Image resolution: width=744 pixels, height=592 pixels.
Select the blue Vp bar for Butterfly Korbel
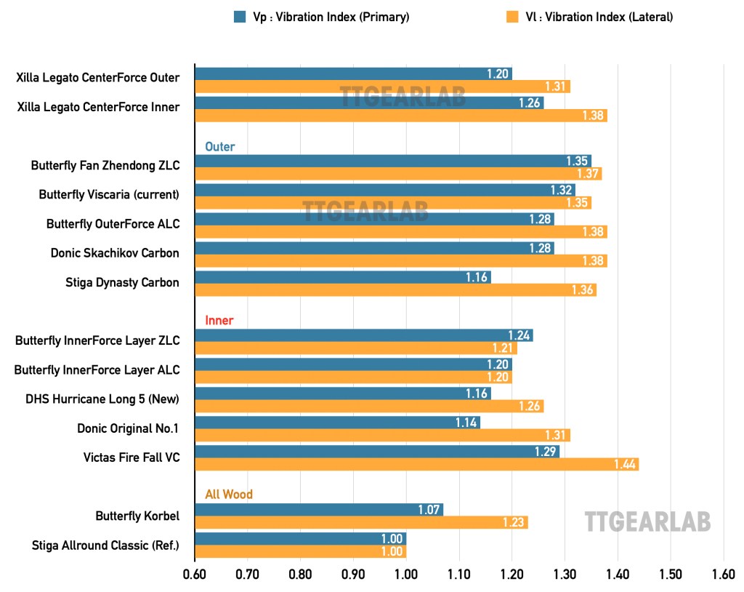(x=319, y=510)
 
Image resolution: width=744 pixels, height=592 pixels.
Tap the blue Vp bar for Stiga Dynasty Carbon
(x=343, y=277)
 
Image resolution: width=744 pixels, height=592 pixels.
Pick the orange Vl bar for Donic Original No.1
(x=382, y=436)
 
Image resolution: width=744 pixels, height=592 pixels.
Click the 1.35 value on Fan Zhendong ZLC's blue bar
(x=577, y=161)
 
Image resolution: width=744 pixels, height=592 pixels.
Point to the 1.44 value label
(x=625, y=465)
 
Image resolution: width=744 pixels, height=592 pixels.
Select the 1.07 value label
(x=429, y=510)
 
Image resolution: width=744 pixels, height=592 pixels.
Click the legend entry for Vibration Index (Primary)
(x=321, y=17)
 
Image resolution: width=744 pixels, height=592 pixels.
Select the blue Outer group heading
(x=219, y=147)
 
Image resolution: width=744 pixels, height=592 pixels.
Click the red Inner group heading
(x=219, y=321)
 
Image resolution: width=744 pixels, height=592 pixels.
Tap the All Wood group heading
(x=229, y=495)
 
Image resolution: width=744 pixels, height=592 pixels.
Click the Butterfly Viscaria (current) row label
(x=109, y=195)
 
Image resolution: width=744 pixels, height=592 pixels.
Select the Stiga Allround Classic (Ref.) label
(x=105, y=545)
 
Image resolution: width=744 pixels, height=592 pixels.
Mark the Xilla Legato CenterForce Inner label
(x=97, y=108)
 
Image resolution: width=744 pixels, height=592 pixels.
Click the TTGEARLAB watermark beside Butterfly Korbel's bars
(x=647, y=521)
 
